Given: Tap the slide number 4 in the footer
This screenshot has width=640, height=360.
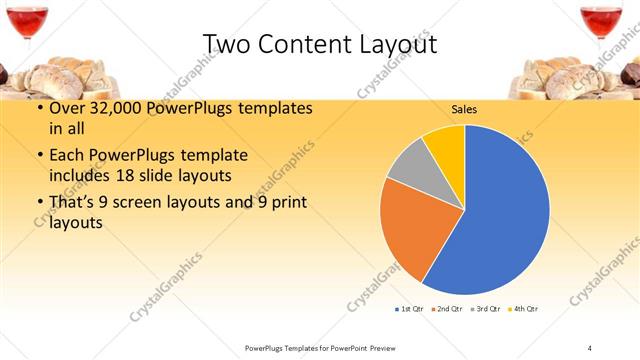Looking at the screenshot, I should click(x=590, y=347).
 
